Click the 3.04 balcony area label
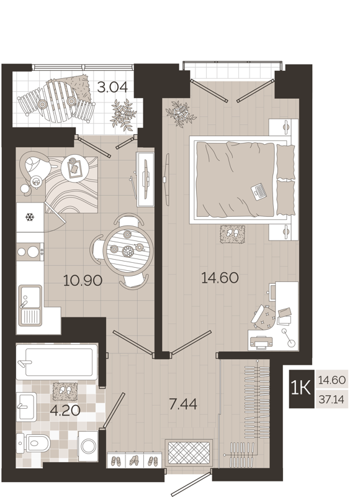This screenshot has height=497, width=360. click(x=112, y=87)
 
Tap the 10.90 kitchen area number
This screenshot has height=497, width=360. click(x=83, y=280)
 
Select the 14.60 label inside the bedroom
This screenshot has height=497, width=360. click(x=220, y=277)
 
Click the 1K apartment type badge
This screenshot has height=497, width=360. click(x=301, y=388)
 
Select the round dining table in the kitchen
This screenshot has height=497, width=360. click(x=127, y=250)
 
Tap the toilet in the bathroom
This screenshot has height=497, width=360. click(x=41, y=443)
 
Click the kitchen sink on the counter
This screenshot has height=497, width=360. click(x=29, y=304)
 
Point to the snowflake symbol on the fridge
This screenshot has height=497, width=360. click(x=29, y=217)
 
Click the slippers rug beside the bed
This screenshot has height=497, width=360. click(x=232, y=234)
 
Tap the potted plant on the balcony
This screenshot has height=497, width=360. click(x=122, y=114)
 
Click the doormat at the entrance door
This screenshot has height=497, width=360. click(x=190, y=452)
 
